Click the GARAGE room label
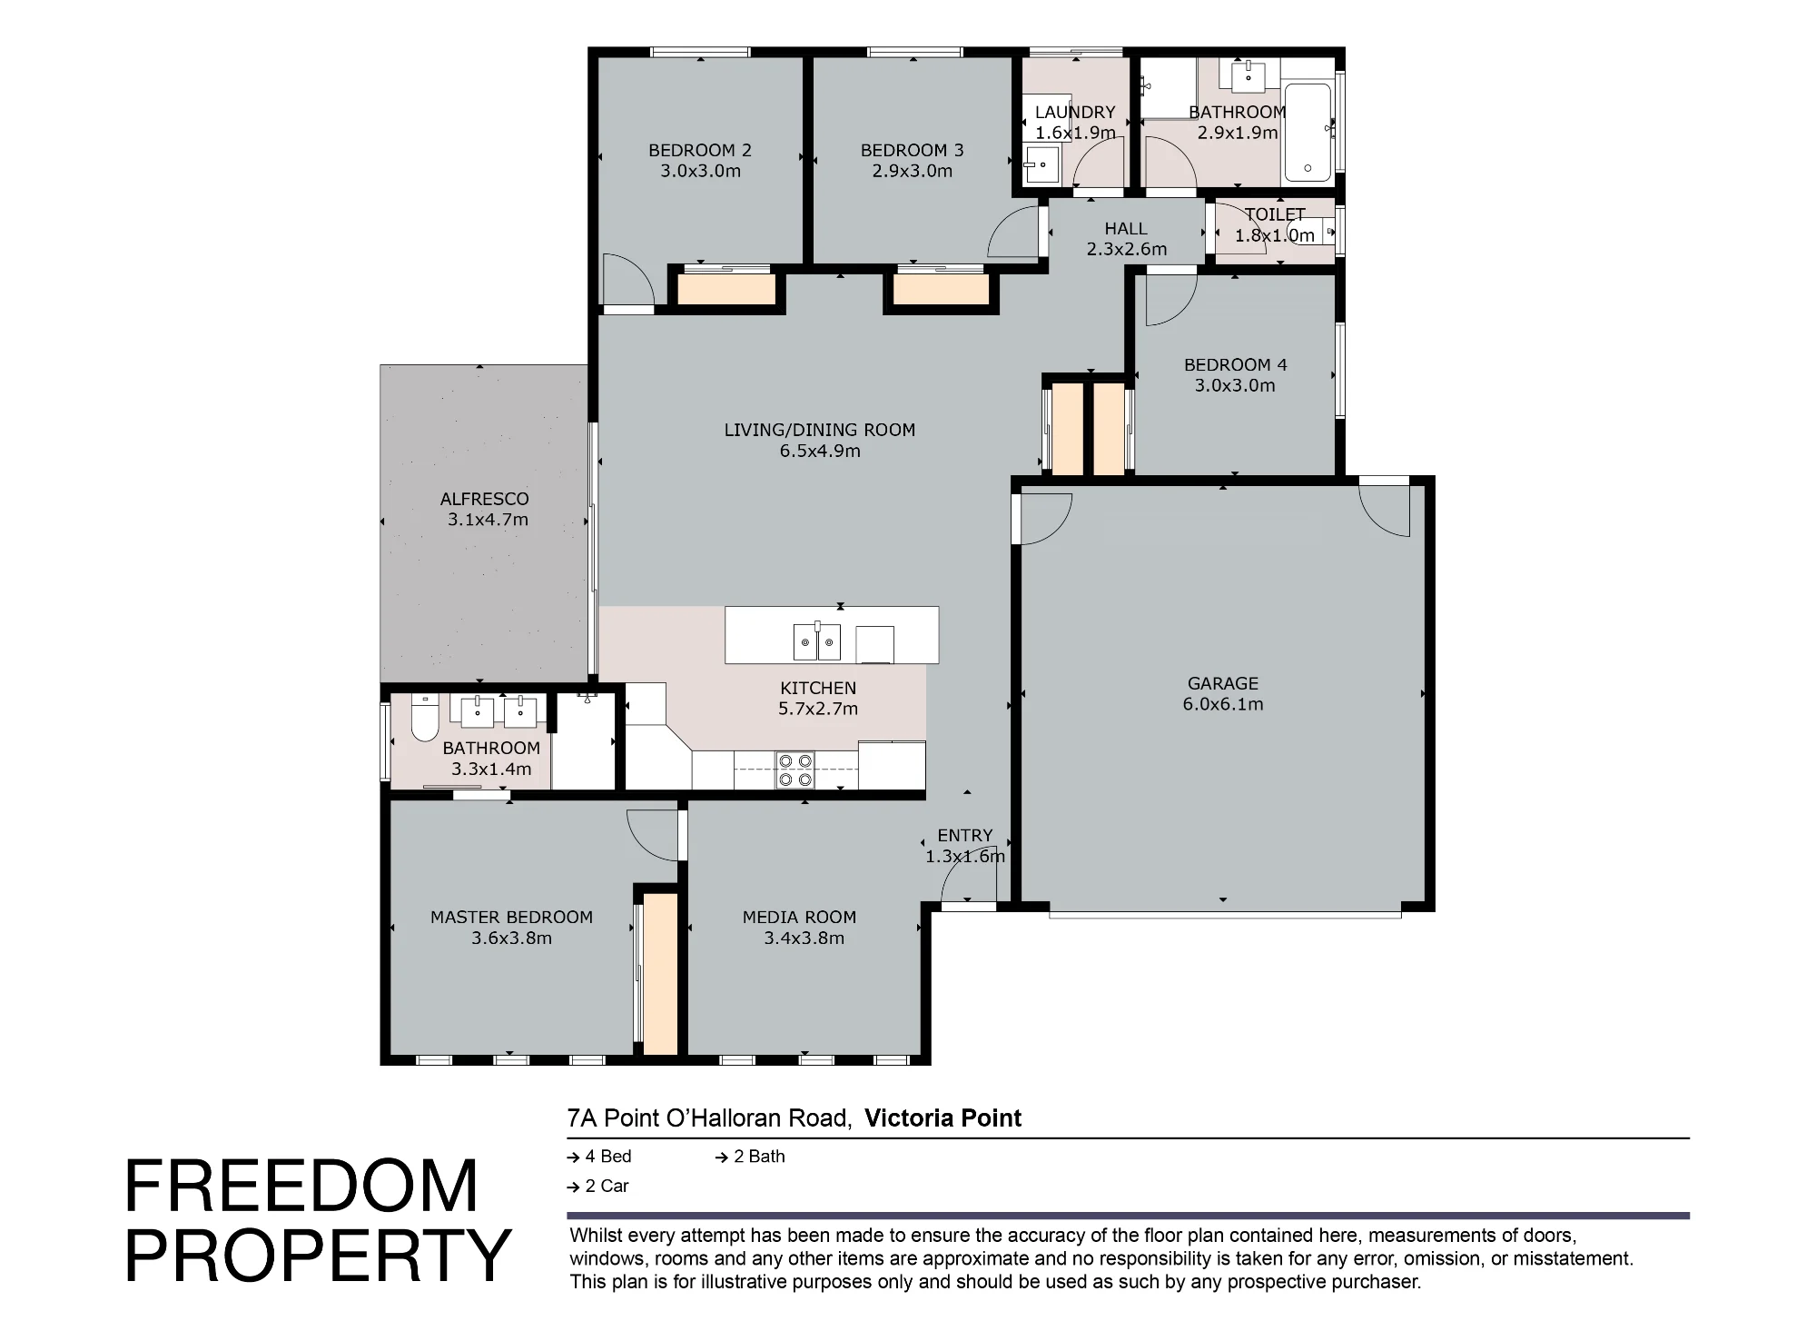tap(1223, 683)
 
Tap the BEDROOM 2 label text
tap(700, 151)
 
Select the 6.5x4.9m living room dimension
tap(820, 451)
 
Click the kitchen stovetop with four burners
tap(795, 770)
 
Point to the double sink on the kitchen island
tap(817, 642)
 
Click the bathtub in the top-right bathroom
tap(1308, 133)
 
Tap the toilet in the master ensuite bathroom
tap(424, 718)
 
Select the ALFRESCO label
tap(484, 499)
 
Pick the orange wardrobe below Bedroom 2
tap(726, 290)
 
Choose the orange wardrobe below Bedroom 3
tap(941, 290)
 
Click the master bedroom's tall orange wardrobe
tap(660, 974)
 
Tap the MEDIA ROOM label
tap(799, 918)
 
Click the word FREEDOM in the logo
tap(301, 1187)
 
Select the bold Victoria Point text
tap(943, 1118)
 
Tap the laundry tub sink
tap(1041, 166)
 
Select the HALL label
tap(1126, 229)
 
